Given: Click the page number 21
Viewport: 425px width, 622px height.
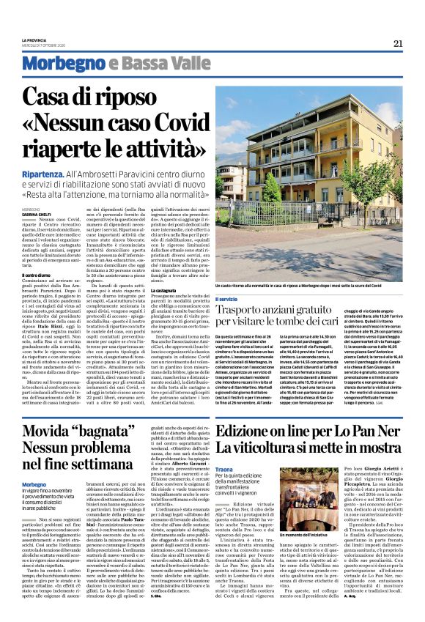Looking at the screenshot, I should (x=398, y=43).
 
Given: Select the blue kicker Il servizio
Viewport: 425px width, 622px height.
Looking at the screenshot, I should (x=226, y=300).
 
